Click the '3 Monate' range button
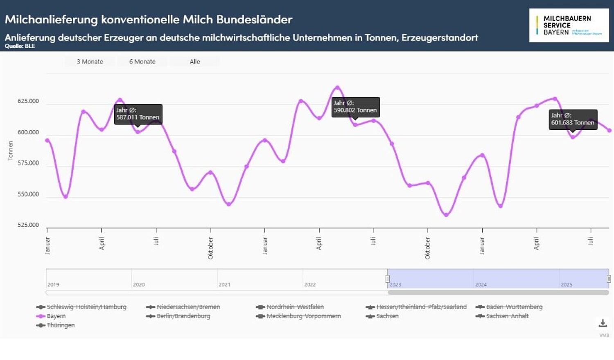point(90,62)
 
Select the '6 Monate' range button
point(142,62)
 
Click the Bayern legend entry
point(56,316)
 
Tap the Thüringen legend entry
point(61,325)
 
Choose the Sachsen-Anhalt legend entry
point(507,316)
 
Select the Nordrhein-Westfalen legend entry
point(295,307)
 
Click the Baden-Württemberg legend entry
point(514,307)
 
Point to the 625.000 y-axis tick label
point(28,101)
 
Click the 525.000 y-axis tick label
point(28,225)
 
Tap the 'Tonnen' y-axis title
point(11,151)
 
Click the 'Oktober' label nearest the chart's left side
point(210,248)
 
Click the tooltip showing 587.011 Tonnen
point(138,114)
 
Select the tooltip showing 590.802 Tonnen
point(355,107)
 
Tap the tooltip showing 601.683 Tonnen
point(573,119)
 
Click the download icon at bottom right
point(603,323)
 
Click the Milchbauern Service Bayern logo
point(569,25)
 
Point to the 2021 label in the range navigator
point(224,284)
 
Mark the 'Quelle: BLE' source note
point(20,46)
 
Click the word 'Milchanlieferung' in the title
point(51,19)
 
